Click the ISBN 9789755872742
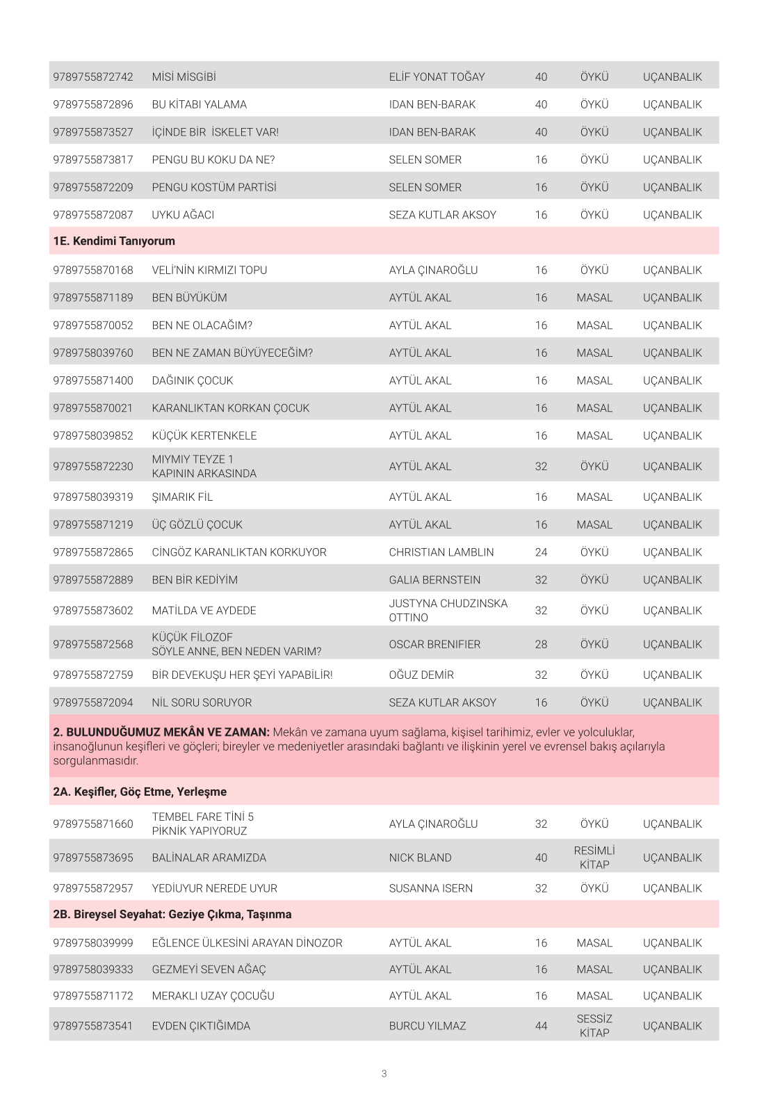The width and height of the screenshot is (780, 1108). pos(92,77)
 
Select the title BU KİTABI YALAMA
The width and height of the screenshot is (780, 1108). pos(199,105)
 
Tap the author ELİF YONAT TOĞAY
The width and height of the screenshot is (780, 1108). pos(437,77)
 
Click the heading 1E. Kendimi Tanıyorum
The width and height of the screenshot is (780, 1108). pos(114,241)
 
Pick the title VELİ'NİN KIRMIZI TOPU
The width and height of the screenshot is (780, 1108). pos(209,271)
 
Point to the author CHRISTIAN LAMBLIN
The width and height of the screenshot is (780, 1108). pos(441,552)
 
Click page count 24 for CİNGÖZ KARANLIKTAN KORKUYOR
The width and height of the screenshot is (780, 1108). pos(541,552)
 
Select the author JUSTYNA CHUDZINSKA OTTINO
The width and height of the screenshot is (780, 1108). pos(448,611)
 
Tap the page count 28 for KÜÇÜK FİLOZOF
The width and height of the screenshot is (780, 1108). pos(541,645)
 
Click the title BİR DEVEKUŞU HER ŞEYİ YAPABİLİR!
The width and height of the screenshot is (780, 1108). pos(242,675)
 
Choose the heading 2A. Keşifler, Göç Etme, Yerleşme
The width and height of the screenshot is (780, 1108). pos(140,792)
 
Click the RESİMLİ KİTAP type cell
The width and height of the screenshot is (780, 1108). pos(594,858)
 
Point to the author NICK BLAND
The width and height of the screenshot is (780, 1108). pos(420,858)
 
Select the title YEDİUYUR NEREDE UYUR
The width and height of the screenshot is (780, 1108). pos(214,889)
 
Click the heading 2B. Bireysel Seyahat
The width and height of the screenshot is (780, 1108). pos(172,915)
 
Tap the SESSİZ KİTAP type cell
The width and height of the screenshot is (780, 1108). pos(594,1026)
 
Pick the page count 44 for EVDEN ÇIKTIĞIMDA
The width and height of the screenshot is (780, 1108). pos(541,1026)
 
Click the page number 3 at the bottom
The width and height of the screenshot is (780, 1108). pos(384,1074)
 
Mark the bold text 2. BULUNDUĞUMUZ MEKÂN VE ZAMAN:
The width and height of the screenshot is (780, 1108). pos(161,732)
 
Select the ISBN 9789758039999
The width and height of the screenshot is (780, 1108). pos(92,944)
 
